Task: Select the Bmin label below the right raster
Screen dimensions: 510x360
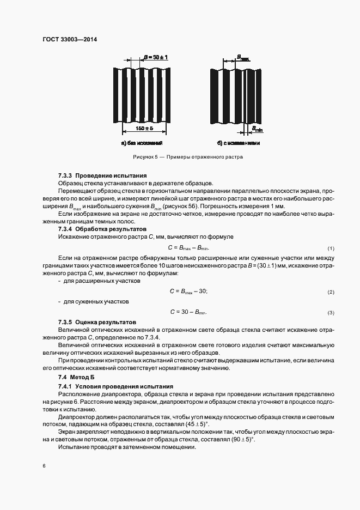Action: (x=257, y=129)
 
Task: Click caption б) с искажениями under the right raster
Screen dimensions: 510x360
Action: (x=238, y=143)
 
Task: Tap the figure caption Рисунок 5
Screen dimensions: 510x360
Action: (x=188, y=157)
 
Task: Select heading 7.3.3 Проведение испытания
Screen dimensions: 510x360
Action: (x=103, y=176)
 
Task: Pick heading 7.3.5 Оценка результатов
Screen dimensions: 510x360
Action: (x=97, y=322)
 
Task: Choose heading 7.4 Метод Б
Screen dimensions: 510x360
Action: (x=77, y=377)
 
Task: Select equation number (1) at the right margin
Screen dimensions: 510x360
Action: (x=330, y=249)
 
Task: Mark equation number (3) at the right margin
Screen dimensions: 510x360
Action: (x=330, y=313)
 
